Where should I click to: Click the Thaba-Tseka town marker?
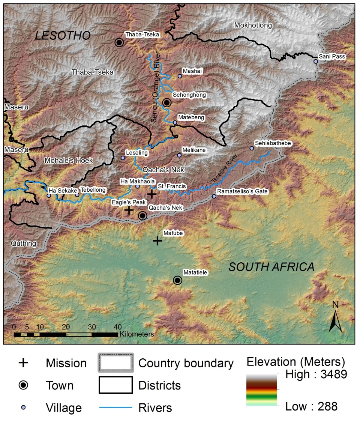[119, 42]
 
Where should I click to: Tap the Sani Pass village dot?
[316, 61]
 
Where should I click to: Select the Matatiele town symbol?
[177, 280]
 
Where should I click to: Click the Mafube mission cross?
[157, 241]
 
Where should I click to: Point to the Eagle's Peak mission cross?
[129, 210]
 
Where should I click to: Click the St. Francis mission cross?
[151, 194]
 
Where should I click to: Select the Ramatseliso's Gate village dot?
[214, 196]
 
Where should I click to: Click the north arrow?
[335, 319]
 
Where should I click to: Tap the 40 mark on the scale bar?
[117, 326]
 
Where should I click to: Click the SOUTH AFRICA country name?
[271, 267]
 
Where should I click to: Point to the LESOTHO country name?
[63, 36]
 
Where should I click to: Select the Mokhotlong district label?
[253, 26]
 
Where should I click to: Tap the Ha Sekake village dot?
[49, 195]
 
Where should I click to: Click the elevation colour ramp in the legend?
[262, 390]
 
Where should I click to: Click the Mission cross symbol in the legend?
[23, 363]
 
